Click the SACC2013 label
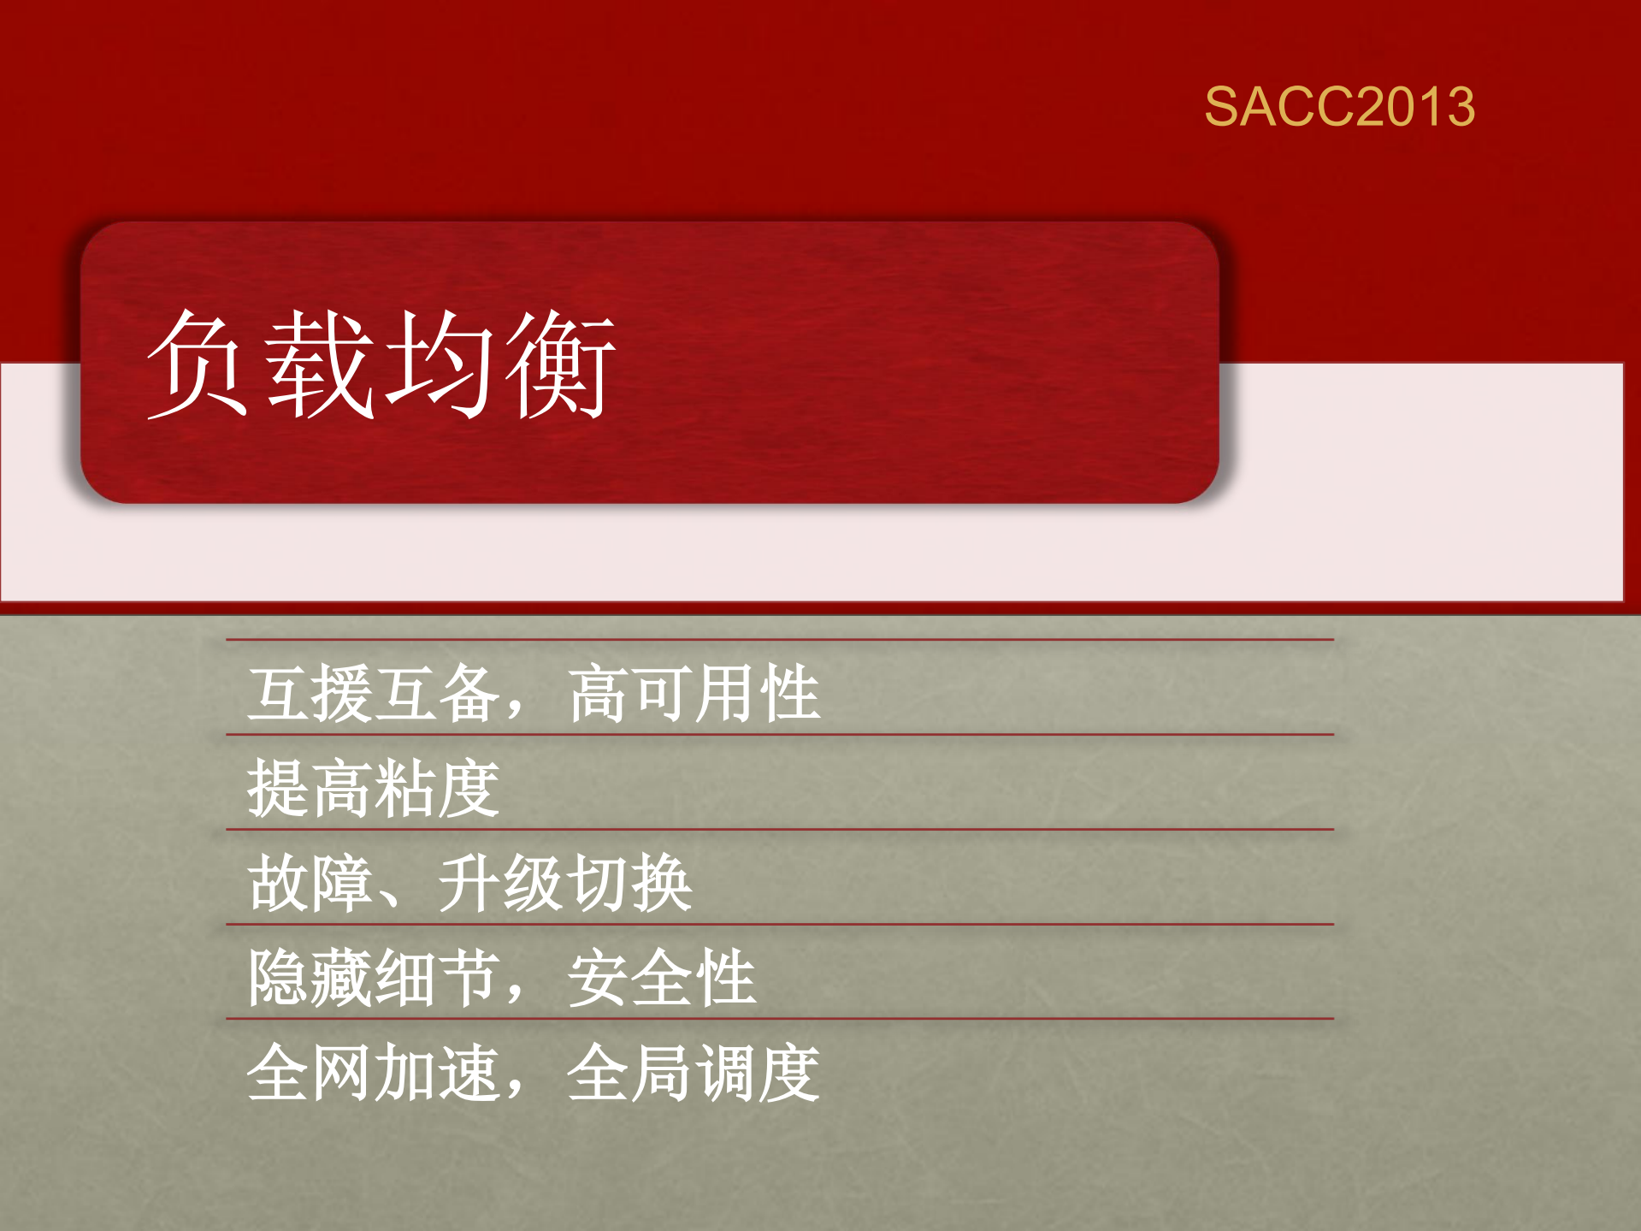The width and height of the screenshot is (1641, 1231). click(x=1339, y=107)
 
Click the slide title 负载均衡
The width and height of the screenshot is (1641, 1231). click(x=381, y=364)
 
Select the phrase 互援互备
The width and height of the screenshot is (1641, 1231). click(x=374, y=694)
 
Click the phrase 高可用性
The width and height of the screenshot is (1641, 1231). click(x=694, y=694)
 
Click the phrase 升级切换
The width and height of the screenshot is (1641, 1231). click(x=564, y=884)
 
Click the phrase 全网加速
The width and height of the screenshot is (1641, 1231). click(x=374, y=1074)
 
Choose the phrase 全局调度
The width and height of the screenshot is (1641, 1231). click(x=694, y=1074)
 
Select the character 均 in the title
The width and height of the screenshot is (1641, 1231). click(x=440, y=364)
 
